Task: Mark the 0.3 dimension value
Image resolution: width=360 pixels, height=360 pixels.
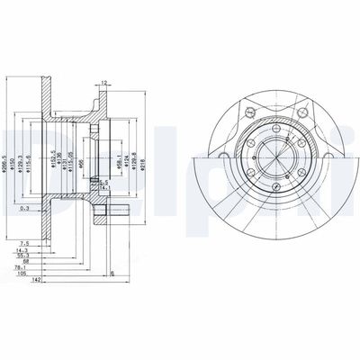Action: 24,208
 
